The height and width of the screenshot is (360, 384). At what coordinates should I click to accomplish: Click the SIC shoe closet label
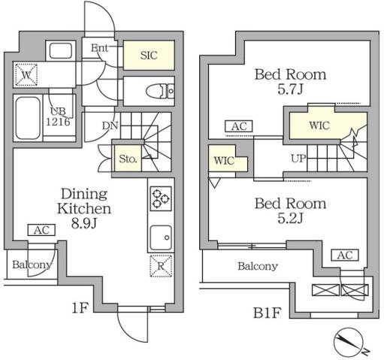148,54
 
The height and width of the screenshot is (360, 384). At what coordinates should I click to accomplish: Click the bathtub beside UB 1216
28,116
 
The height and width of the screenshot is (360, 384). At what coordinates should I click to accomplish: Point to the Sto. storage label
127,159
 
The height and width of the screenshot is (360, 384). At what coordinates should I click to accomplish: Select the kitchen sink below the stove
160,237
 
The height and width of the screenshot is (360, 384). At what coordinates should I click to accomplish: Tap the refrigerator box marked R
159,265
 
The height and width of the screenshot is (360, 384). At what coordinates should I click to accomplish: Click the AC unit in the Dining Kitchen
41,230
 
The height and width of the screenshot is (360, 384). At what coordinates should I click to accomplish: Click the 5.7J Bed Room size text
289,89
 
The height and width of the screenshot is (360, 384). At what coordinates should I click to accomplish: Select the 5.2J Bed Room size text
289,219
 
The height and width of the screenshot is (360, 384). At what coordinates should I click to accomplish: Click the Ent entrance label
100,48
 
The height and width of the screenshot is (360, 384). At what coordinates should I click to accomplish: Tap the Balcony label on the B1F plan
258,266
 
